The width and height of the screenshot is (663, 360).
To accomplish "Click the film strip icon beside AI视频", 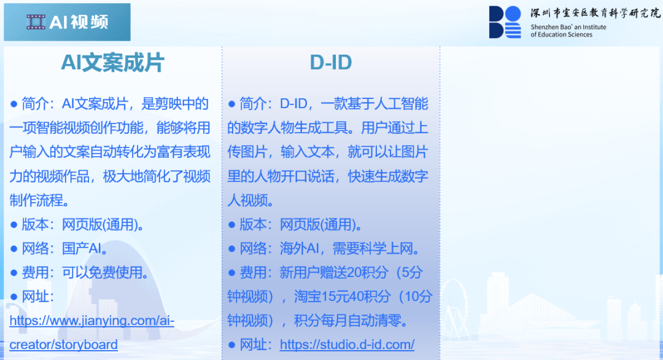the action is [36, 22].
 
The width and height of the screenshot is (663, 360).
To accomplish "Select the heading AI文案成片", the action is [112, 63].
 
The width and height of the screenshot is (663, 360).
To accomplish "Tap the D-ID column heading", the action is [331, 63].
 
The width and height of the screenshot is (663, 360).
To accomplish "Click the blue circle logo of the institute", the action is [513, 14].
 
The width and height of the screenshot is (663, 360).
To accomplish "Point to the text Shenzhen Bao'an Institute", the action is [568, 27].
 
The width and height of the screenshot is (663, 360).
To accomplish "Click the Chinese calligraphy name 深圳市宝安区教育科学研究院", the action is [595, 13].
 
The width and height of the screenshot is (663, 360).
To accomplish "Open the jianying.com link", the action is [91, 321].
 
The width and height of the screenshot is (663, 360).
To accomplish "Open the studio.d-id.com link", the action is [347, 345].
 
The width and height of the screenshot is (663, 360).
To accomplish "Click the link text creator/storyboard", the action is [63, 345].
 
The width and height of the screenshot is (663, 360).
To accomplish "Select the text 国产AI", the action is [82, 248].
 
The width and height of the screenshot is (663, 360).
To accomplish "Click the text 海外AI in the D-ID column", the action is [300, 248].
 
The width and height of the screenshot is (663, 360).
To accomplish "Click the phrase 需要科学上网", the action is [373, 248].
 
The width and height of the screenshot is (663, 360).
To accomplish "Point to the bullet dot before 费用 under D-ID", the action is [231, 273].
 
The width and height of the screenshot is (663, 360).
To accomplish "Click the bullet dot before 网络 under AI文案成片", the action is [14, 249].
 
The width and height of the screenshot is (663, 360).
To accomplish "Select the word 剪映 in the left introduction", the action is [168, 104].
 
